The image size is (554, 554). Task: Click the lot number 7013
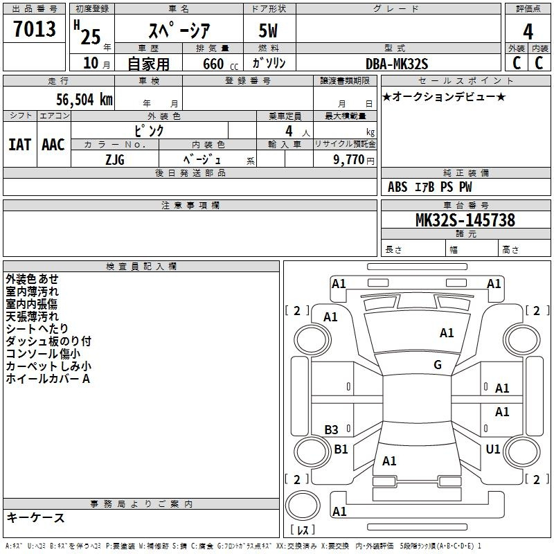click(x=35, y=28)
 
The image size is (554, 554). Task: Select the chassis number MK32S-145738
click(x=465, y=220)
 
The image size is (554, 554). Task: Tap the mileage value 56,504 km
click(x=84, y=99)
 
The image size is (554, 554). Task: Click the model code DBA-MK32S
click(x=397, y=64)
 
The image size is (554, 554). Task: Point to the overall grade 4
click(x=528, y=31)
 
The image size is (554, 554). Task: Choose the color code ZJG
click(x=115, y=160)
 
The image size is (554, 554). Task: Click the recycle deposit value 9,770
click(x=349, y=159)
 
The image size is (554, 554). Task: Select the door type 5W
click(x=268, y=30)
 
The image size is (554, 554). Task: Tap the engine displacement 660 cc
click(x=220, y=64)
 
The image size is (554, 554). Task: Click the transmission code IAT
click(x=19, y=145)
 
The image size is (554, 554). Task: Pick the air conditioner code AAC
click(x=53, y=145)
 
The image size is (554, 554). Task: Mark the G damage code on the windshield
click(x=438, y=364)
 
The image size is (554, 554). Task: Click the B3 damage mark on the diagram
click(x=331, y=429)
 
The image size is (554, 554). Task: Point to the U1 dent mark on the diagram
click(x=493, y=449)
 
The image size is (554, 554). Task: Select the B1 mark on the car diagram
click(x=341, y=449)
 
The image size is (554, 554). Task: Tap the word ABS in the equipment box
click(x=397, y=187)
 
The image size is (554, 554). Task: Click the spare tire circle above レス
click(x=303, y=505)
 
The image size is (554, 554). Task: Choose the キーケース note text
click(x=36, y=517)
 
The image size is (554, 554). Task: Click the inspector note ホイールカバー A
click(x=48, y=379)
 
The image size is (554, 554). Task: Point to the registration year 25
click(x=91, y=37)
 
